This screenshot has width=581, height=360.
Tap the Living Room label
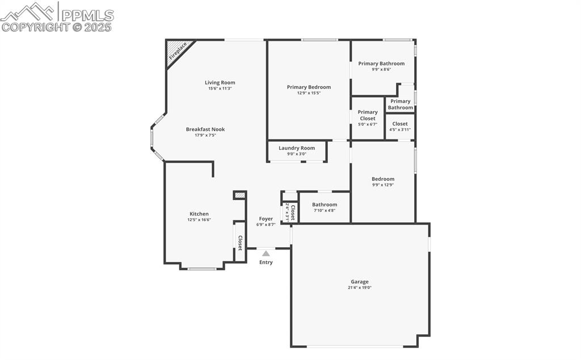220,83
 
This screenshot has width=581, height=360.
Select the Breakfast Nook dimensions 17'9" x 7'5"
205,135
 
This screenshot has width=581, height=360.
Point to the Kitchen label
199,214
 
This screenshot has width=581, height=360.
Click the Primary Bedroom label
309,87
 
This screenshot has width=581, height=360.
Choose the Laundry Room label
296,148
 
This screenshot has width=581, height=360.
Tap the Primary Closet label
368,115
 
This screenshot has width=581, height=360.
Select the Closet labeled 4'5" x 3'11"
400,126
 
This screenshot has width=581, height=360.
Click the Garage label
359,281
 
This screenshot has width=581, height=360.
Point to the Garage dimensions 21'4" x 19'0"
359,287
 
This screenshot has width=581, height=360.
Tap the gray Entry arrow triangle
266,253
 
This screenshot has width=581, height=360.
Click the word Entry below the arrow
266,262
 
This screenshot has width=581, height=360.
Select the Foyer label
266,219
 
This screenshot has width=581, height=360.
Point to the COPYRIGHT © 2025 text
57,27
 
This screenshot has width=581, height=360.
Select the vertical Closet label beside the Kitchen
240,243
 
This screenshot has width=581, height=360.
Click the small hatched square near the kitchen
240,195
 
